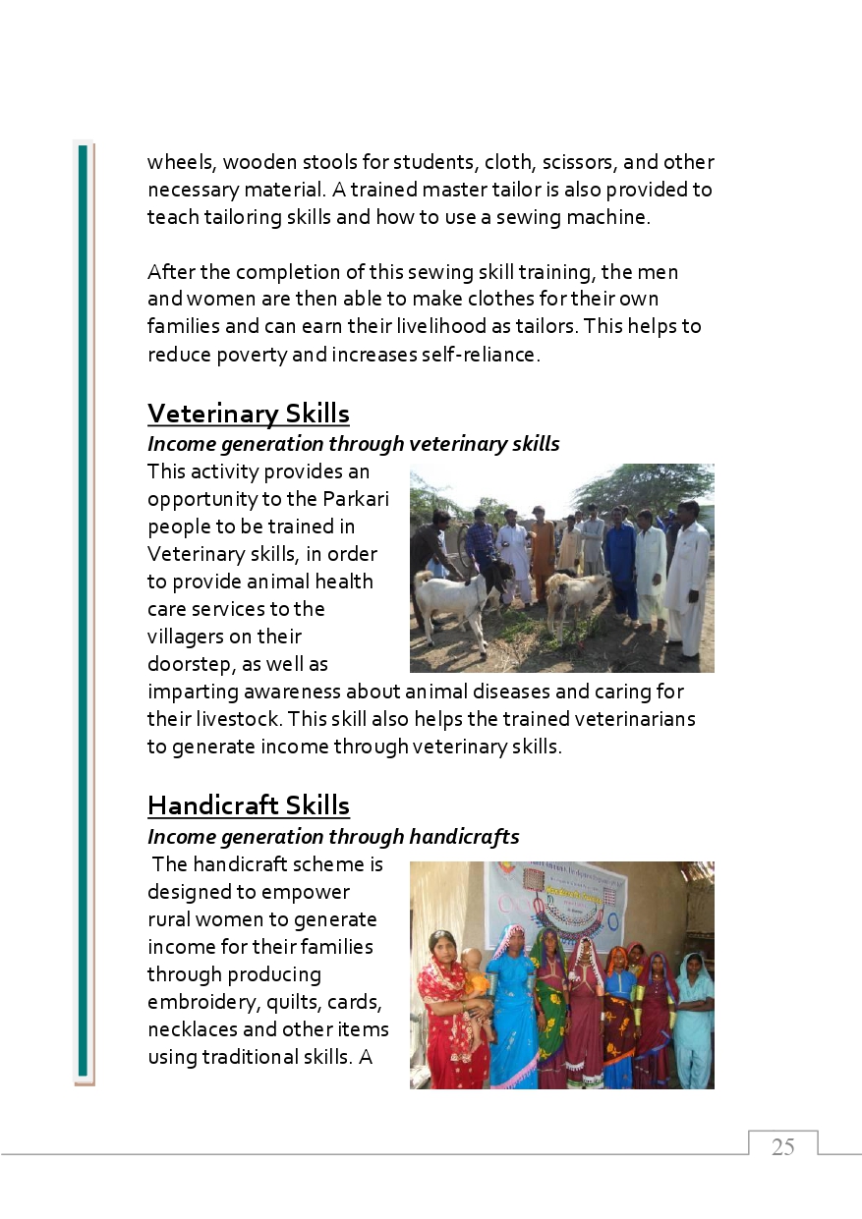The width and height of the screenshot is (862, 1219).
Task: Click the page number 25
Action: pos(782,1147)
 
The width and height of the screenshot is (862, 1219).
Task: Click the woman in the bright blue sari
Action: pos(511,1012)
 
